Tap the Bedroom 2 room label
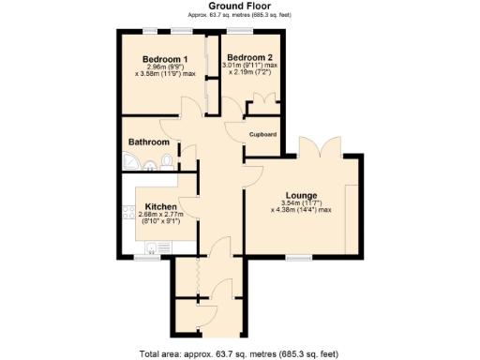point(248,54)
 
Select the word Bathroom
point(149,142)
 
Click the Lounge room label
point(302,195)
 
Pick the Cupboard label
point(262,135)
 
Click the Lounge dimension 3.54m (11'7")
point(302,202)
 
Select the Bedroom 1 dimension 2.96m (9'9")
point(165,66)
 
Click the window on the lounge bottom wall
point(299,256)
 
